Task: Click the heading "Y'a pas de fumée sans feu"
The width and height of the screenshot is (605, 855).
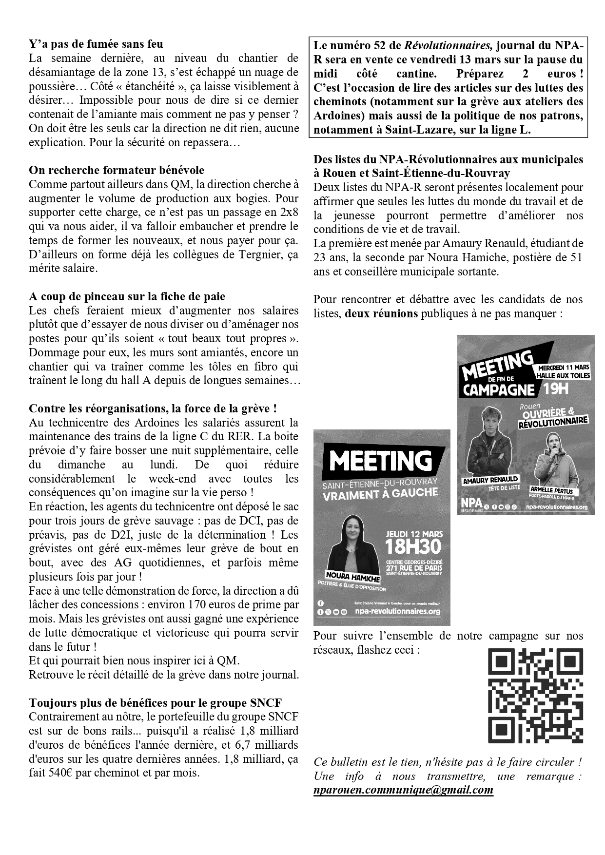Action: point(96,44)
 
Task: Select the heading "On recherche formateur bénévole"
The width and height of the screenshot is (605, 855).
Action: point(117,170)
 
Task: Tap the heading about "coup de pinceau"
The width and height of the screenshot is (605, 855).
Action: point(127,296)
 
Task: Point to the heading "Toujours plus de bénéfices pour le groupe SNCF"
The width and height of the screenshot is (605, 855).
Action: point(155,703)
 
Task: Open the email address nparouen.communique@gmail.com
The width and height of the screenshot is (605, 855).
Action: point(403,790)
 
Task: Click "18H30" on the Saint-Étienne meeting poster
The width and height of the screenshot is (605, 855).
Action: point(413,547)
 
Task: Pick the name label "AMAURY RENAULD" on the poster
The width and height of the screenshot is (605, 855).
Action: point(490,480)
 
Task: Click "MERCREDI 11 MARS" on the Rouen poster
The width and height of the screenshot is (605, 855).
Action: point(564,367)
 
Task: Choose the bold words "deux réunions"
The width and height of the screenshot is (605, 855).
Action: point(381,313)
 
